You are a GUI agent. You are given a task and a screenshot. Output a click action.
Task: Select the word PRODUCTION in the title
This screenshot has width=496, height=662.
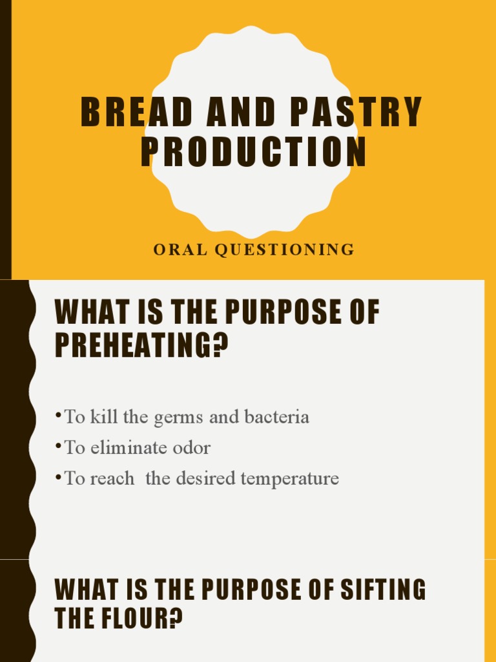tap(254, 152)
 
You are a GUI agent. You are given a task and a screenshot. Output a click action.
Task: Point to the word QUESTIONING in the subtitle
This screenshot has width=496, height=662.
tap(284, 250)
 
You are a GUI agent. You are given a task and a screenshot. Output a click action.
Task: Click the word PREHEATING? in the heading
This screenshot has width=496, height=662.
tap(142, 346)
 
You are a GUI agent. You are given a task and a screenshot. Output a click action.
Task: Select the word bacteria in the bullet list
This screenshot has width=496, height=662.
tap(277, 417)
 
